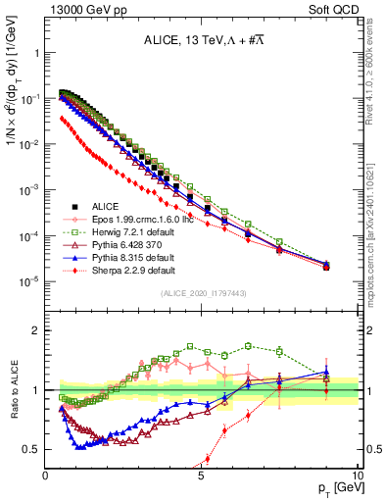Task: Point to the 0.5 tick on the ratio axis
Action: (32, 450)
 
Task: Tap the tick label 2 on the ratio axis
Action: (36, 330)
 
